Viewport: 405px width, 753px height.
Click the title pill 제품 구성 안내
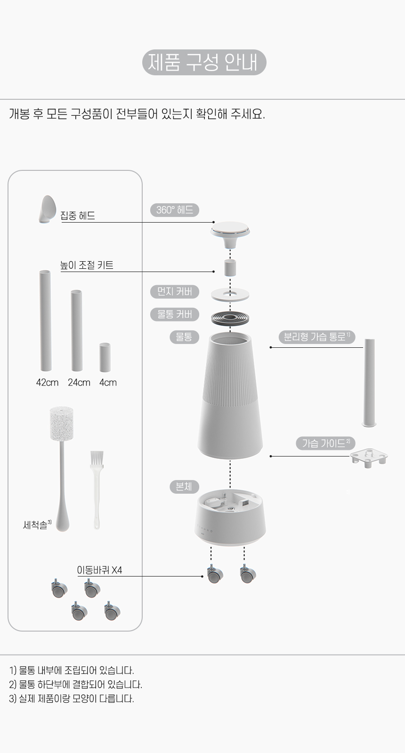204,62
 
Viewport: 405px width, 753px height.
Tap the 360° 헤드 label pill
175,210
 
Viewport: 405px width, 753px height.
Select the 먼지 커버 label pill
175,291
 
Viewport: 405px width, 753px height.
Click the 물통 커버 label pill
175,314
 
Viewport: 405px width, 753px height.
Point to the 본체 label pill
184,487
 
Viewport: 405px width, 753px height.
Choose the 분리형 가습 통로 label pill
317,337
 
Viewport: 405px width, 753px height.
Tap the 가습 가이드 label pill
325,443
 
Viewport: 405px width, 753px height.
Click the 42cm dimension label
48,383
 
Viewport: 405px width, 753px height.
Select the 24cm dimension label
79,383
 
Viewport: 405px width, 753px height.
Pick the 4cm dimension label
108,383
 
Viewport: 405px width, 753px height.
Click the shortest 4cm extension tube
105,357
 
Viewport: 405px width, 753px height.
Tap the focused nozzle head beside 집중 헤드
48,209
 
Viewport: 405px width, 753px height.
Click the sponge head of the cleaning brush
61,423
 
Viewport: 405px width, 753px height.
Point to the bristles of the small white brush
97,458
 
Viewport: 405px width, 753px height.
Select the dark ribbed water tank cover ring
230,318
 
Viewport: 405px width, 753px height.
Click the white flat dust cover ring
230,295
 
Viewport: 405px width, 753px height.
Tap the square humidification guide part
369,457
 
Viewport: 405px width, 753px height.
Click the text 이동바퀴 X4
99,570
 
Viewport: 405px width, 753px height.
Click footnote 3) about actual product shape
71,698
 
